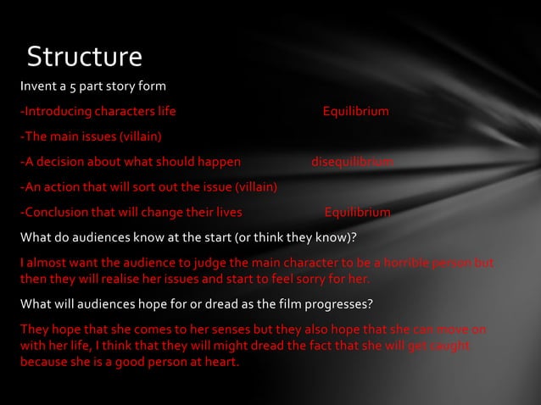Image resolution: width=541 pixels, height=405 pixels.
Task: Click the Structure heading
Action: point(84,57)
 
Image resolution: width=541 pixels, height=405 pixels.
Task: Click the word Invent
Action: point(39,87)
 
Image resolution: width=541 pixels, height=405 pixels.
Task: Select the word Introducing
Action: point(56,112)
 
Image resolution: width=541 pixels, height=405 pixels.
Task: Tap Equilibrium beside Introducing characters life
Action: point(356,112)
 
